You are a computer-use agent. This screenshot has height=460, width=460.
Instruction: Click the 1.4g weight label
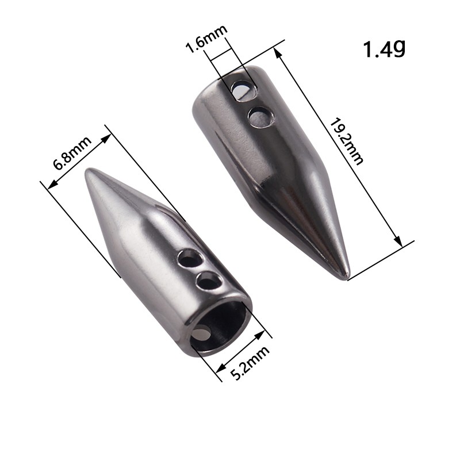pos(384,49)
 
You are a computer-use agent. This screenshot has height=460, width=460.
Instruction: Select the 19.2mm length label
pos(347,141)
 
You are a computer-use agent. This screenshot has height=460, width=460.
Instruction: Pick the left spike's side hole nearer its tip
pos(190,258)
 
